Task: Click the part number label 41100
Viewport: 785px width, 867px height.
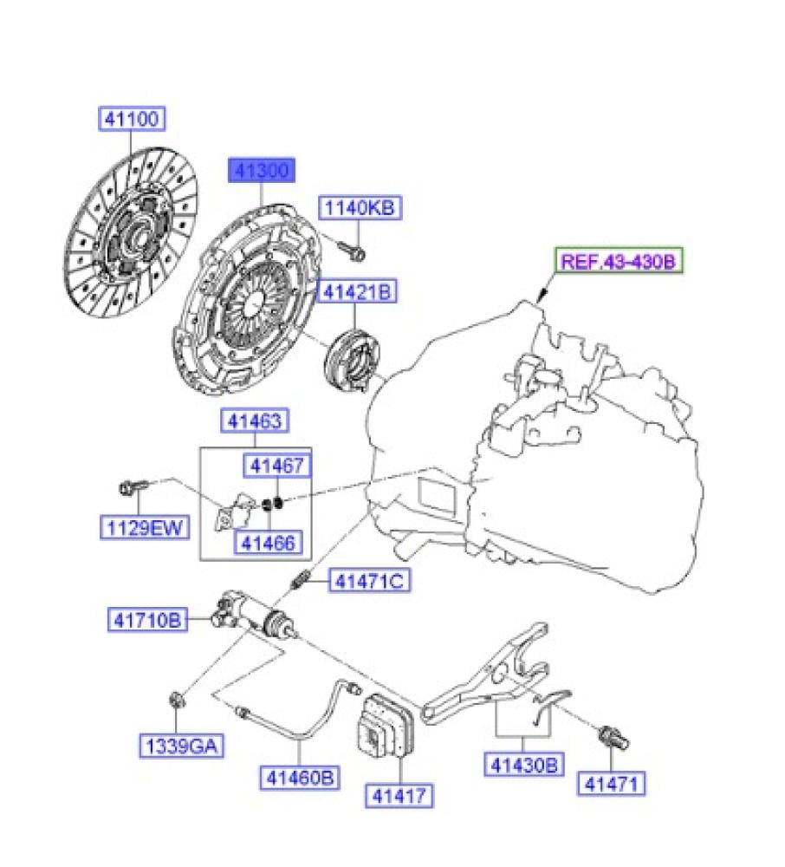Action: coord(131,119)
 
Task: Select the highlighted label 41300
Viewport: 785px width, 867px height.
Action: coord(261,169)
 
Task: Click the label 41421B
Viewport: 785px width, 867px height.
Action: coord(359,292)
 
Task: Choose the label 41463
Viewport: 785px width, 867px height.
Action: coord(256,422)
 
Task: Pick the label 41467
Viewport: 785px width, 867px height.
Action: coord(276,466)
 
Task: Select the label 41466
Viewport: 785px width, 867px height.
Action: coord(267,543)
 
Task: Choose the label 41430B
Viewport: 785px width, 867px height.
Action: coord(522,765)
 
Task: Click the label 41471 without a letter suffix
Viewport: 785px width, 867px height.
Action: coord(613,785)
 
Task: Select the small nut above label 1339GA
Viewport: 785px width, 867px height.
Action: coord(174,700)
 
